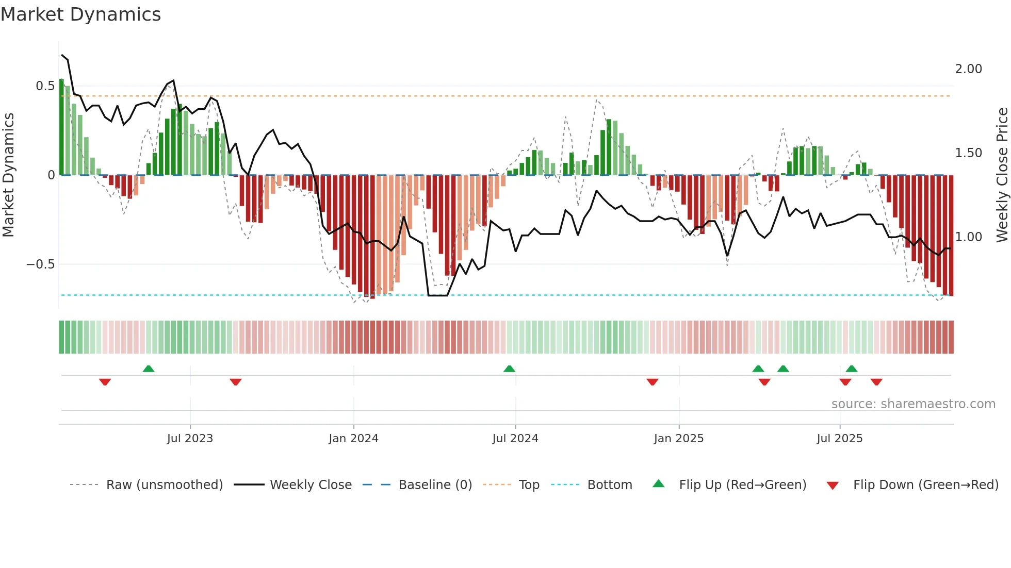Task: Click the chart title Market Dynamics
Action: [81, 14]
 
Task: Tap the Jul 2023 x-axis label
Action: [190, 439]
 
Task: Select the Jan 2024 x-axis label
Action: [353, 439]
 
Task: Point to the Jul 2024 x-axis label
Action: [515, 439]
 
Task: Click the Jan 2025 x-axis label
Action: [678, 439]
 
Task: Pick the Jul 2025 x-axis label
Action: [839, 439]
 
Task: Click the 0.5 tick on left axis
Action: [45, 86]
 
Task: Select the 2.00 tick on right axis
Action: [968, 69]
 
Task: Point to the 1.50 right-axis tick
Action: [968, 153]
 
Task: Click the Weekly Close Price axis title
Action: [1002, 175]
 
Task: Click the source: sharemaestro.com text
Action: [913, 404]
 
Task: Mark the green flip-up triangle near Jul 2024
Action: [509, 369]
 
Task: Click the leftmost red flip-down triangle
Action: [105, 382]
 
